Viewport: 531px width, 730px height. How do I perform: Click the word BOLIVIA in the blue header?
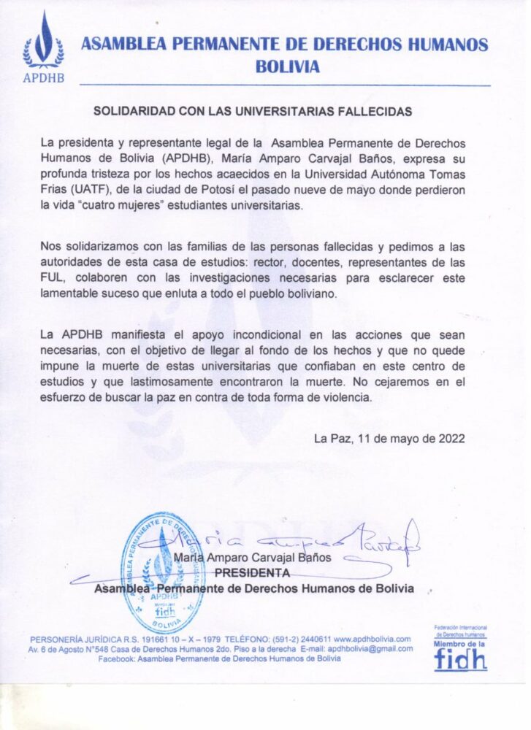click(287, 66)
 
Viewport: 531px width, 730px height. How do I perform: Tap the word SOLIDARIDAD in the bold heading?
click(131, 112)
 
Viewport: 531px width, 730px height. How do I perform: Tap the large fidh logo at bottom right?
click(460, 658)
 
